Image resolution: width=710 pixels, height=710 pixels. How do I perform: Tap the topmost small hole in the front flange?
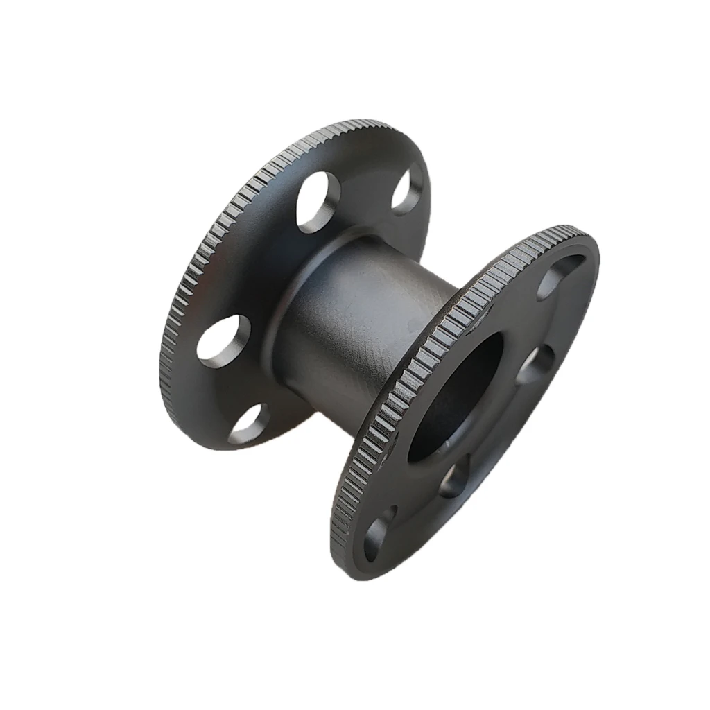[557, 277]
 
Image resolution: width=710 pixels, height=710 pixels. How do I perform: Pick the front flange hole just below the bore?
[453, 479]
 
